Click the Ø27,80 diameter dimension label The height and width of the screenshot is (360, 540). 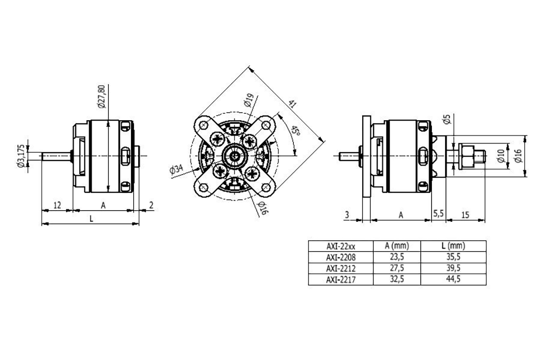pyautogui.click(x=101, y=96)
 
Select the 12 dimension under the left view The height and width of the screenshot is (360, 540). pyautogui.click(x=57, y=205)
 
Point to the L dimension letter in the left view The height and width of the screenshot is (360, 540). pyautogui.click(x=91, y=218)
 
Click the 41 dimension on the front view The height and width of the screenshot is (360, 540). pyautogui.click(x=293, y=104)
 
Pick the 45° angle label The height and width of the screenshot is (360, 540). pyautogui.click(x=295, y=131)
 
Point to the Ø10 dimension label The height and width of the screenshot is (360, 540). pyautogui.click(x=500, y=156)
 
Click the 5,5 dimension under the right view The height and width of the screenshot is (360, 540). pyautogui.click(x=438, y=215)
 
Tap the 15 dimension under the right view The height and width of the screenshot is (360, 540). pyautogui.click(x=465, y=215)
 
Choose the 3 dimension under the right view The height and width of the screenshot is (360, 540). pyautogui.click(x=346, y=215)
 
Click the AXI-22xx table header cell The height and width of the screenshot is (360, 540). pyautogui.click(x=341, y=246)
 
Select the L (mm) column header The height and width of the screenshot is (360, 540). pyautogui.click(x=453, y=246)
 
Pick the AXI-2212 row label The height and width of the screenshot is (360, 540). pyautogui.click(x=341, y=269)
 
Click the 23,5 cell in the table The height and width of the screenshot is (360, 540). pyautogui.click(x=397, y=257)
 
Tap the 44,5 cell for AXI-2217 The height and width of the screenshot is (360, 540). pyautogui.click(x=453, y=279)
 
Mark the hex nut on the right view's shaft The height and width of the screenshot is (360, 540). pyautogui.click(x=467, y=156)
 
